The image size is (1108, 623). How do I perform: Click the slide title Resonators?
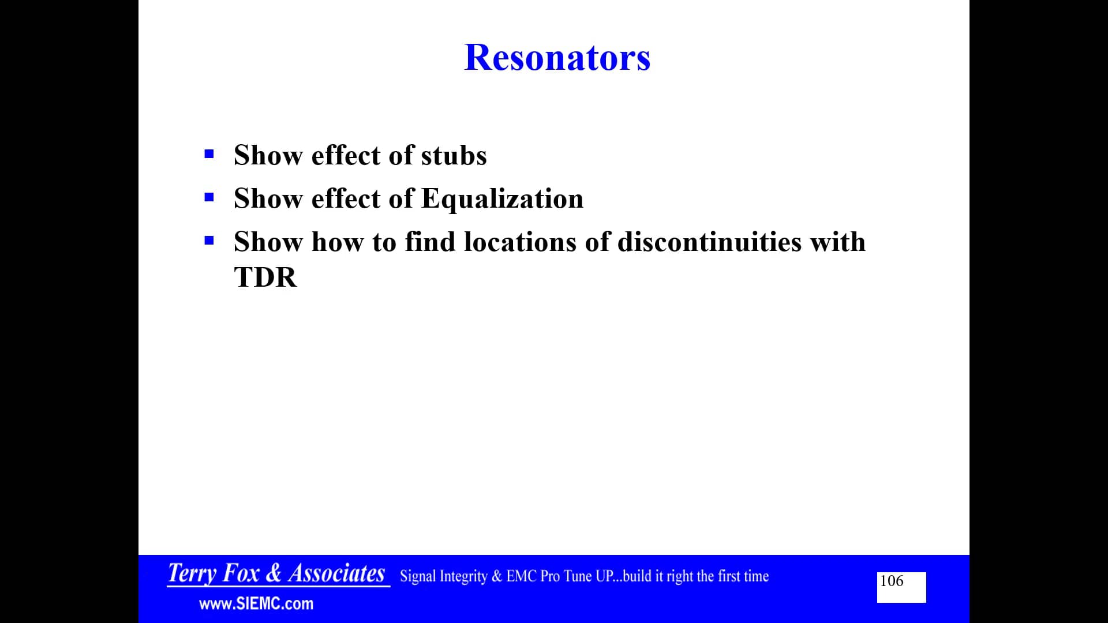(557, 58)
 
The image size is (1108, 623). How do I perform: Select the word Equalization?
(502, 198)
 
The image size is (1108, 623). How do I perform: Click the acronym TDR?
(265, 277)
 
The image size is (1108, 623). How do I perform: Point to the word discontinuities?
(709, 242)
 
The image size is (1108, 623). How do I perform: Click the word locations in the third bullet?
(520, 242)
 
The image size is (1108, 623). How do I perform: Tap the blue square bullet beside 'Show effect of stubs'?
(209, 154)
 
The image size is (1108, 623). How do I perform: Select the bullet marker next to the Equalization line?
(209, 197)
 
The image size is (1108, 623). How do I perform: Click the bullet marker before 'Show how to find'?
(209, 241)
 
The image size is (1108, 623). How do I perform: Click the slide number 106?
(892, 581)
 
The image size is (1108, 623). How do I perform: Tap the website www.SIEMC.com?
(256, 604)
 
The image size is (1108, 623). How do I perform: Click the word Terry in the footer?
(192, 573)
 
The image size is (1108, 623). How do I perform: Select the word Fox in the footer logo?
(241, 573)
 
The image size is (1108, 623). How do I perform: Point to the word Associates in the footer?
(336, 573)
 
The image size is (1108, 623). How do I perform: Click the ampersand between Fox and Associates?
(274, 573)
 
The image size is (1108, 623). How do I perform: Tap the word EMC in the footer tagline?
(521, 576)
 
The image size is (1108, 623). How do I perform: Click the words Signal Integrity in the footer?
(443, 576)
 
